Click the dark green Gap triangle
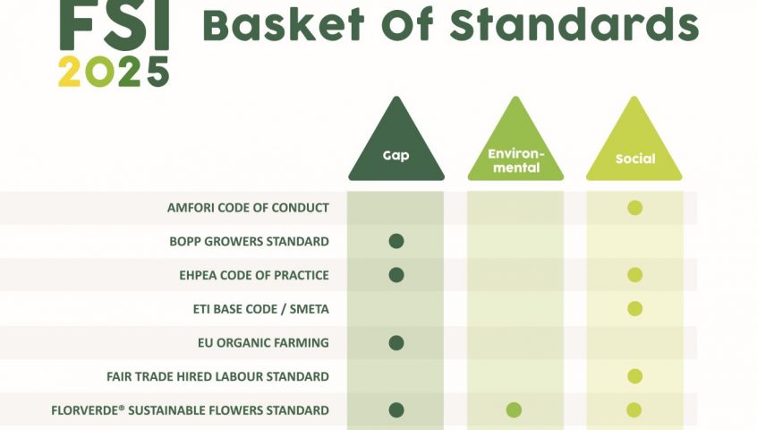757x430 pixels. click(396, 145)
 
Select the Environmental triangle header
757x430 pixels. click(515, 145)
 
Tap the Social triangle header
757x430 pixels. click(634, 145)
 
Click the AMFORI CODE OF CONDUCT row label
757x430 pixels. click(248, 208)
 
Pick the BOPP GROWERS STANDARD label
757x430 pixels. click(249, 242)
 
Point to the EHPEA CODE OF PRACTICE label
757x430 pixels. click(254, 275)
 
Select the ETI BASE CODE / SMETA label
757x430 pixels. click(261, 309)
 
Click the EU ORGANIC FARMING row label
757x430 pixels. click(263, 343)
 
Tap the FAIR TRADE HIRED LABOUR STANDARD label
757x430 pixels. click(217, 376)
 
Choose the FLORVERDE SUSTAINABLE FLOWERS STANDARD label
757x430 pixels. click(191, 410)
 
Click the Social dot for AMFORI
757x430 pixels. click(634, 208)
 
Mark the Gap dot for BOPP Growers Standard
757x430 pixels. click(396, 241)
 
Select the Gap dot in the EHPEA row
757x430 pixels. click(396, 275)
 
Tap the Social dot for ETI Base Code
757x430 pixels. click(634, 308)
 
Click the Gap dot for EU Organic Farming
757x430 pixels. click(396, 343)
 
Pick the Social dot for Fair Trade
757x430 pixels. click(634, 376)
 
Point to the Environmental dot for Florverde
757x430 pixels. click(514, 410)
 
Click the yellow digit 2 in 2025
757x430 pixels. click(69, 72)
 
